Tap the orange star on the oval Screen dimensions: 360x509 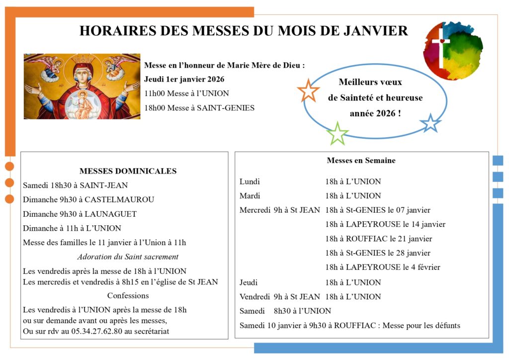click(308, 90)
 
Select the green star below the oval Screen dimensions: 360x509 click(338, 134)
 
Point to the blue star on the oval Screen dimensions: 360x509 click(430, 123)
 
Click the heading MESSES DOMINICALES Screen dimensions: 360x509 click(128, 171)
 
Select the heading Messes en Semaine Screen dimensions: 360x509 click(361, 161)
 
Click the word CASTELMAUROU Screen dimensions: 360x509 click(119, 199)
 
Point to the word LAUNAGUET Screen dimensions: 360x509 click(111, 214)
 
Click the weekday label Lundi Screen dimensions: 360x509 click(250, 181)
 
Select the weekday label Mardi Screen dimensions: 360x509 click(250, 195)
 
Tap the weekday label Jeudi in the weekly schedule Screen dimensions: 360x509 click(249, 282)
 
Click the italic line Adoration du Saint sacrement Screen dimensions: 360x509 click(128, 257)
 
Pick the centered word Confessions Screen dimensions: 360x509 click(128, 295)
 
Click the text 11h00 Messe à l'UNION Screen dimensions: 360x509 click(186, 93)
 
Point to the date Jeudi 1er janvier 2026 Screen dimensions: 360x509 click(184, 79)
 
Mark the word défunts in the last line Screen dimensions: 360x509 click(446, 326)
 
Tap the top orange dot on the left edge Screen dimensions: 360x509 click(9, 166)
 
